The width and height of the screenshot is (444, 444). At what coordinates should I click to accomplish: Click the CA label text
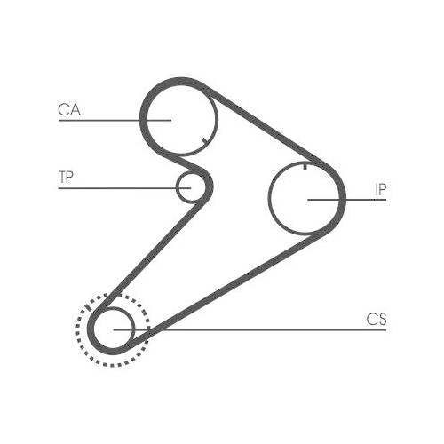(x=69, y=109)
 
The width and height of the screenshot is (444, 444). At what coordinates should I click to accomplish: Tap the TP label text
(x=66, y=177)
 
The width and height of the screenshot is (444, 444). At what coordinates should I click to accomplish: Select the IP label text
(x=381, y=190)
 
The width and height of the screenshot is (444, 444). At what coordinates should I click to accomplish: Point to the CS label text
(x=377, y=320)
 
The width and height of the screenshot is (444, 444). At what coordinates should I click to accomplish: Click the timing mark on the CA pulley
(x=203, y=141)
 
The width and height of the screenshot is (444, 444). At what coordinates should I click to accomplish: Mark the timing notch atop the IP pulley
(x=305, y=167)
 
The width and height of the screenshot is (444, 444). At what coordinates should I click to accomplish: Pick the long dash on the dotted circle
(x=87, y=306)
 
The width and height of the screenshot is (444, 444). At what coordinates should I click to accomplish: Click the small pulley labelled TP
(x=178, y=186)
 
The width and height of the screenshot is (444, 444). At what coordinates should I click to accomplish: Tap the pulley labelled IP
(x=269, y=197)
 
